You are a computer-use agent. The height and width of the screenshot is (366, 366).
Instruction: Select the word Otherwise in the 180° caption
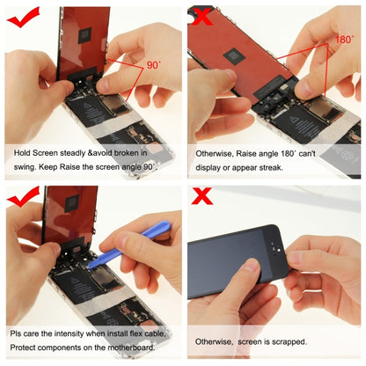click(x=215, y=152)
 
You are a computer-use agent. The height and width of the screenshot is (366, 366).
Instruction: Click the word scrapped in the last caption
click(x=289, y=341)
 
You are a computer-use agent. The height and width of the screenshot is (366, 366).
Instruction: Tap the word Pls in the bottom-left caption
click(x=18, y=333)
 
